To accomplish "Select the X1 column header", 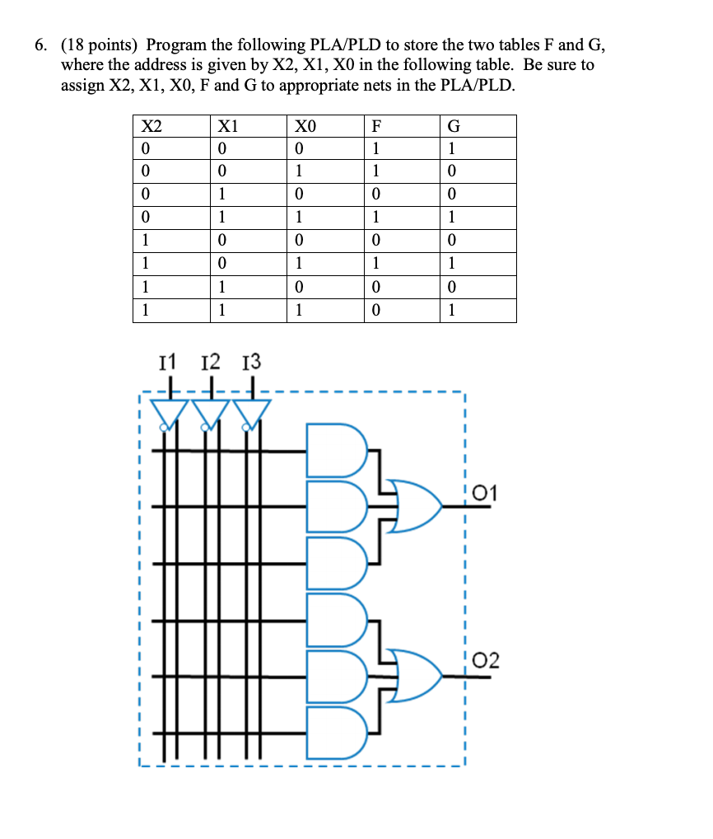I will pos(227,127).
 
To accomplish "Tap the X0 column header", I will pos(305,127).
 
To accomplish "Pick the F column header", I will pos(376,127).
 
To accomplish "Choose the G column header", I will pos(454,127).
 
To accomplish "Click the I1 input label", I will pos(168,361).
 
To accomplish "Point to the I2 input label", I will pos(211,361).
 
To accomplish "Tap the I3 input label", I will pos(251,361).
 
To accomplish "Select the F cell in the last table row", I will pos(376,312).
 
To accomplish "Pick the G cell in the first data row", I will pos(454,149).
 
